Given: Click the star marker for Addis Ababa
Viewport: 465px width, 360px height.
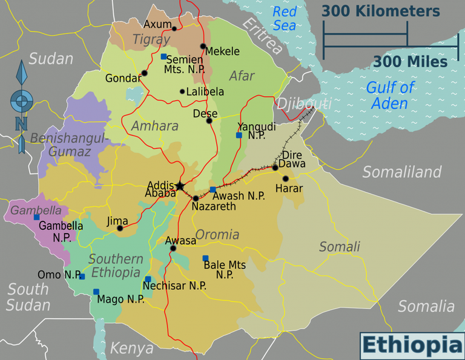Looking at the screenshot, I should [x=180, y=186].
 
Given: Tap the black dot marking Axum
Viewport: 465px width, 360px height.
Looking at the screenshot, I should [x=174, y=28].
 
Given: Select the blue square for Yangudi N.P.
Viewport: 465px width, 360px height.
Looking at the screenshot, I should [x=239, y=136].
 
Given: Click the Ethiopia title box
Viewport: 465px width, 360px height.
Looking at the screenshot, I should [x=412, y=345].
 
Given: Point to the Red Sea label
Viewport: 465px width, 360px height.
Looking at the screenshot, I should [x=284, y=18].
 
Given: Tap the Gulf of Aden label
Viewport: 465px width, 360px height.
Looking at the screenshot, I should [x=390, y=95].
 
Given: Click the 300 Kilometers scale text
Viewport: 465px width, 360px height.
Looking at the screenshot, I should [x=380, y=11].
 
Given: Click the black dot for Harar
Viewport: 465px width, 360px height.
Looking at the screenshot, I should [x=285, y=178].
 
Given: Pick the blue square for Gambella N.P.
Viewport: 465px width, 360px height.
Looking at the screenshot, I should [x=36, y=217].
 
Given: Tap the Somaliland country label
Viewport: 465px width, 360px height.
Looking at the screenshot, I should [x=402, y=172].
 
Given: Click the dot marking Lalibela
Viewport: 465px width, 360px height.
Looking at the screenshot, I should [x=182, y=92].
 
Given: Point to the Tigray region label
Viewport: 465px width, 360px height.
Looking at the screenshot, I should [x=151, y=39].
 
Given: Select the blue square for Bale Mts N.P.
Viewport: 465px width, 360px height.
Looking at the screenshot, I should [x=205, y=258].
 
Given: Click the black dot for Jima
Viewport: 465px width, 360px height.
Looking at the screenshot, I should [x=120, y=228].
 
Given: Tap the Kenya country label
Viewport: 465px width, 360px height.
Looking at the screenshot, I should [x=131, y=349].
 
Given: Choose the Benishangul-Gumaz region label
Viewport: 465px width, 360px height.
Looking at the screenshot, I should [x=68, y=145].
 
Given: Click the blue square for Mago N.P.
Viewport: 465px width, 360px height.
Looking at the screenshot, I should [x=96, y=292].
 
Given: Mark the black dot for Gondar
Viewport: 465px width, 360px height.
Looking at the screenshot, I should [x=144, y=74].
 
